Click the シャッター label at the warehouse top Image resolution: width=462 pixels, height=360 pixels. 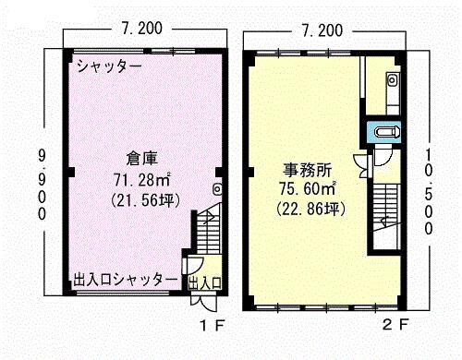coord(109,66)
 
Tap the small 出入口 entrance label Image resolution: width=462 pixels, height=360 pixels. coord(204,282)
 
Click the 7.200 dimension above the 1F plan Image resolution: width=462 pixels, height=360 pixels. coord(143,29)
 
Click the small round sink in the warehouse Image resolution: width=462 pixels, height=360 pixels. coord(217,190)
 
